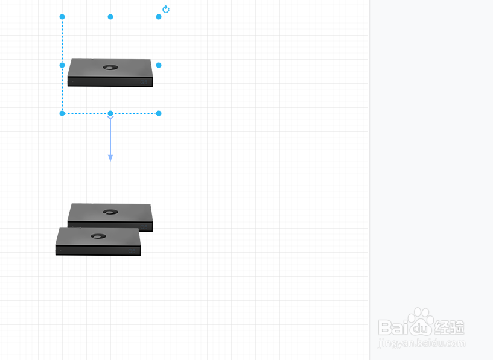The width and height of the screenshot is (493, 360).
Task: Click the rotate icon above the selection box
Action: pyautogui.click(x=166, y=10)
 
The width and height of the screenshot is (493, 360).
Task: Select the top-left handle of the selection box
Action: pyautogui.click(x=62, y=17)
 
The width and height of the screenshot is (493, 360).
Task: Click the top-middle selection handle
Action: pyautogui.click(x=110, y=17)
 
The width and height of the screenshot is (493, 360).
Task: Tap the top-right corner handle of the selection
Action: pyautogui.click(x=159, y=17)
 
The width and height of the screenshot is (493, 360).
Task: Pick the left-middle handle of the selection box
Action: pyautogui.click(x=62, y=65)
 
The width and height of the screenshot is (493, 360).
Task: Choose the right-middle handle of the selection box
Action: pyautogui.click(x=159, y=65)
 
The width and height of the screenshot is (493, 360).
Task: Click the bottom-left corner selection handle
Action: pyautogui.click(x=62, y=113)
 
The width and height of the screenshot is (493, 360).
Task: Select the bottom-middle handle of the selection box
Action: pyautogui.click(x=110, y=113)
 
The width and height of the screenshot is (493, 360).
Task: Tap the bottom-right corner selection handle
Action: pyautogui.click(x=159, y=113)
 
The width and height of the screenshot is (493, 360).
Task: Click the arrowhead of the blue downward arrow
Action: pyautogui.click(x=110, y=158)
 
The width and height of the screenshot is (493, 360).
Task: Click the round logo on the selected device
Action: pyautogui.click(x=110, y=67)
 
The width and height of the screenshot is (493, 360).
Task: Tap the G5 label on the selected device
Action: pyautogui.click(x=144, y=82)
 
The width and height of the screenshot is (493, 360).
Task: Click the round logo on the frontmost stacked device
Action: pyautogui.click(x=98, y=236)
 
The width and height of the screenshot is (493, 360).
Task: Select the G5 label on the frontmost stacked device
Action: pyautogui.click(x=132, y=251)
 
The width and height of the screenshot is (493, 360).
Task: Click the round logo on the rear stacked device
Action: pyautogui.click(x=110, y=212)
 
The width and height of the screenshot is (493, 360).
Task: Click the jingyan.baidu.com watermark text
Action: pyautogui.click(x=422, y=343)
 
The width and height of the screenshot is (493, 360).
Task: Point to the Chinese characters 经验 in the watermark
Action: pyautogui.click(x=450, y=327)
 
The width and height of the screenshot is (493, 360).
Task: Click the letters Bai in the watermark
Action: pyautogui.click(x=393, y=327)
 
